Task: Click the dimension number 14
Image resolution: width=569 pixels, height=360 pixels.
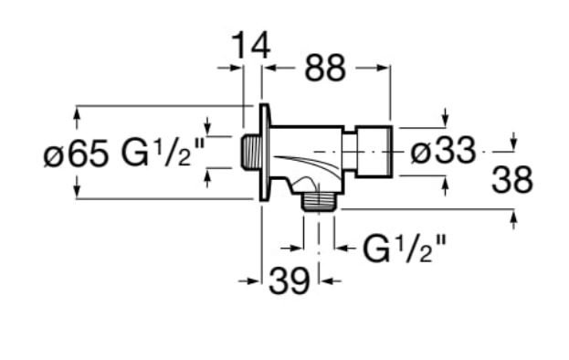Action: (251, 46)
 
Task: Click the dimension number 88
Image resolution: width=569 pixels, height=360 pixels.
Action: (325, 68)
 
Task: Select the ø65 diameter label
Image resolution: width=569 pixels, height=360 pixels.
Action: (76, 153)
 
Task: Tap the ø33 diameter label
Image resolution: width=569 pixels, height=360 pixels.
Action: (443, 150)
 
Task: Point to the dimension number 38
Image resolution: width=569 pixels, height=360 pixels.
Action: (512, 179)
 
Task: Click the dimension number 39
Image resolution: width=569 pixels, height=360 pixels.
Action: (290, 281)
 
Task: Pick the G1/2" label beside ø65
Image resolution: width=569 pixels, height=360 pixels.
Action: (163, 152)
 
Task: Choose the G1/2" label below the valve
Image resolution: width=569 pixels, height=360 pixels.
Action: (404, 249)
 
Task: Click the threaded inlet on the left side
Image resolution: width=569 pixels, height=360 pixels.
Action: (251, 152)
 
